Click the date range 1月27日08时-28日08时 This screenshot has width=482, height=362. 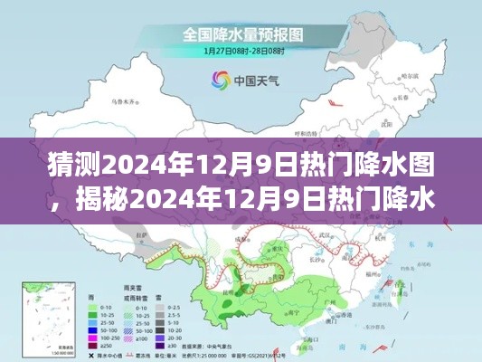click(x=241, y=52)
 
